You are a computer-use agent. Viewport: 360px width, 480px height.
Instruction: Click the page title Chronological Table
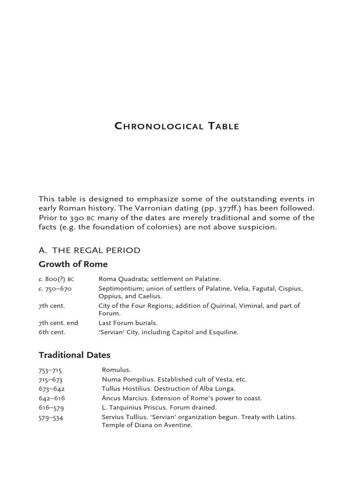pos(177,127)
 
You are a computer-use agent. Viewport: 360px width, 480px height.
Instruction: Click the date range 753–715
pos(50,370)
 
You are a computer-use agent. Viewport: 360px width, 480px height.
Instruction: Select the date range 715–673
pos(50,380)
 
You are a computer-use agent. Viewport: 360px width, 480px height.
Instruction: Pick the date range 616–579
pos(50,408)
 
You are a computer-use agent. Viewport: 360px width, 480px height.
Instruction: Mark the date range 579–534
pos(50,417)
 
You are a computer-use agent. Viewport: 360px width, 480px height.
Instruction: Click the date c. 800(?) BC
pos(56,279)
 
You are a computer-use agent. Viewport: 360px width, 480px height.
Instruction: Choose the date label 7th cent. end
pos(58,323)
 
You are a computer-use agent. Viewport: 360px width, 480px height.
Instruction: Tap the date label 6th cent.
pos(52,332)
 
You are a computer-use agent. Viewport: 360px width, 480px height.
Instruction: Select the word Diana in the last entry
pos(140,426)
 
